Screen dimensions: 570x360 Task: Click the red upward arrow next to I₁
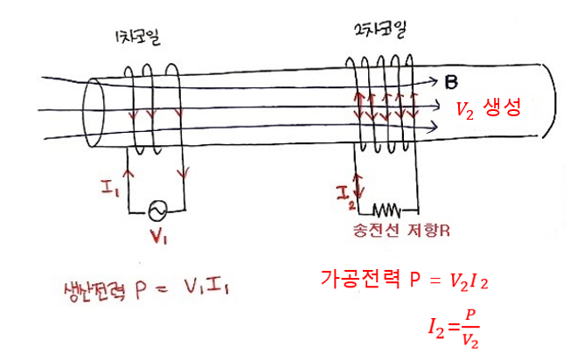click(x=130, y=175)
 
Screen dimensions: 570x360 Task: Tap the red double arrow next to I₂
click(x=355, y=183)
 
